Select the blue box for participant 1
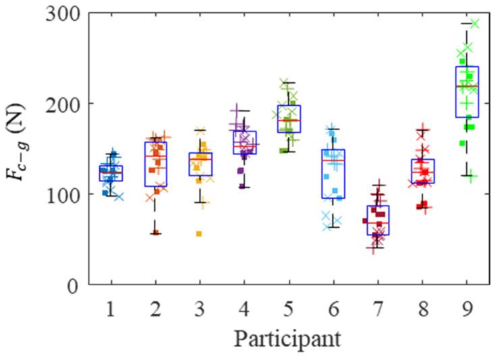coord(111,173)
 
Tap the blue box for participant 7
coord(378,220)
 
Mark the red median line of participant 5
coord(289,120)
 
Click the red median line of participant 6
coord(333,160)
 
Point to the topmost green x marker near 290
coord(474,24)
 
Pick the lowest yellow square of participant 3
coord(199,233)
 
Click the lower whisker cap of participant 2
coord(155,233)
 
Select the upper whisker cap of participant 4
coord(244,111)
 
